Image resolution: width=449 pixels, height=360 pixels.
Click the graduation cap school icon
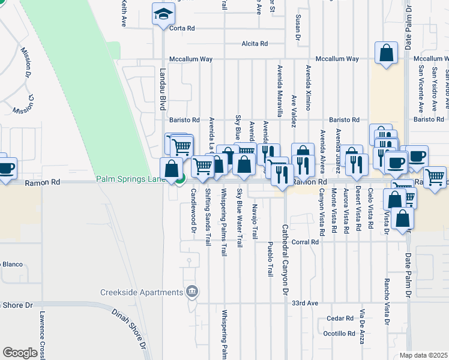(x=163, y=14)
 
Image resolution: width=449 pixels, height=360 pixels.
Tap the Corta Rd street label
(x=182, y=28)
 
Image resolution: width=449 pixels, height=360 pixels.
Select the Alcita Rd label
(x=254, y=44)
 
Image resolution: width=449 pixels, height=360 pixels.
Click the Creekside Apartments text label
(x=141, y=292)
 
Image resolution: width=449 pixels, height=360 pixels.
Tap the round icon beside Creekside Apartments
(x=191, y=292)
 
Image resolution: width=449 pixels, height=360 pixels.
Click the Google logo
(x=20, y=353)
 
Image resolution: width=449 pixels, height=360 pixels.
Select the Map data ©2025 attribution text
(x=424, y=355)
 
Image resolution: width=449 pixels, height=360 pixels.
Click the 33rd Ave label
(x=304, y=304)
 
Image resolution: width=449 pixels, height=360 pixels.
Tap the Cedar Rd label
(x=340, y=319)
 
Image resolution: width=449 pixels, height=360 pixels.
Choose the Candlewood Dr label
(x=193, y=211)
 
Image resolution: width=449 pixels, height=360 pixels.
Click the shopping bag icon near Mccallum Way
(x=386, y=54)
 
